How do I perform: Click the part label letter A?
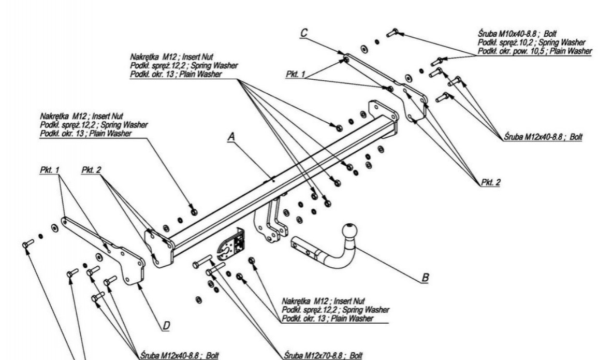point(232,136)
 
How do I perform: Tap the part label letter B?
point(425,278)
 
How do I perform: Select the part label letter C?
point(304,33)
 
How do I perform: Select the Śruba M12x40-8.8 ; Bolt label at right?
point(544,138)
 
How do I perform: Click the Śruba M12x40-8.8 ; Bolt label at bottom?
point(173,357)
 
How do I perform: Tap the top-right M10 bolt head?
point(395,32)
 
